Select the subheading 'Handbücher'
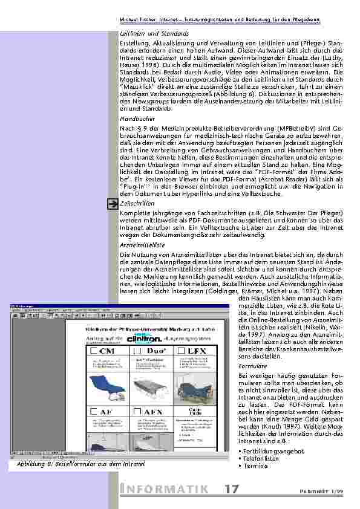coord(137,119)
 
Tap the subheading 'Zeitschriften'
coord(138,204)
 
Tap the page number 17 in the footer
coord(231,490)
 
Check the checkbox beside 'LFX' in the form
coord(181,351)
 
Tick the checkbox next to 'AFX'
coord(139,412)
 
